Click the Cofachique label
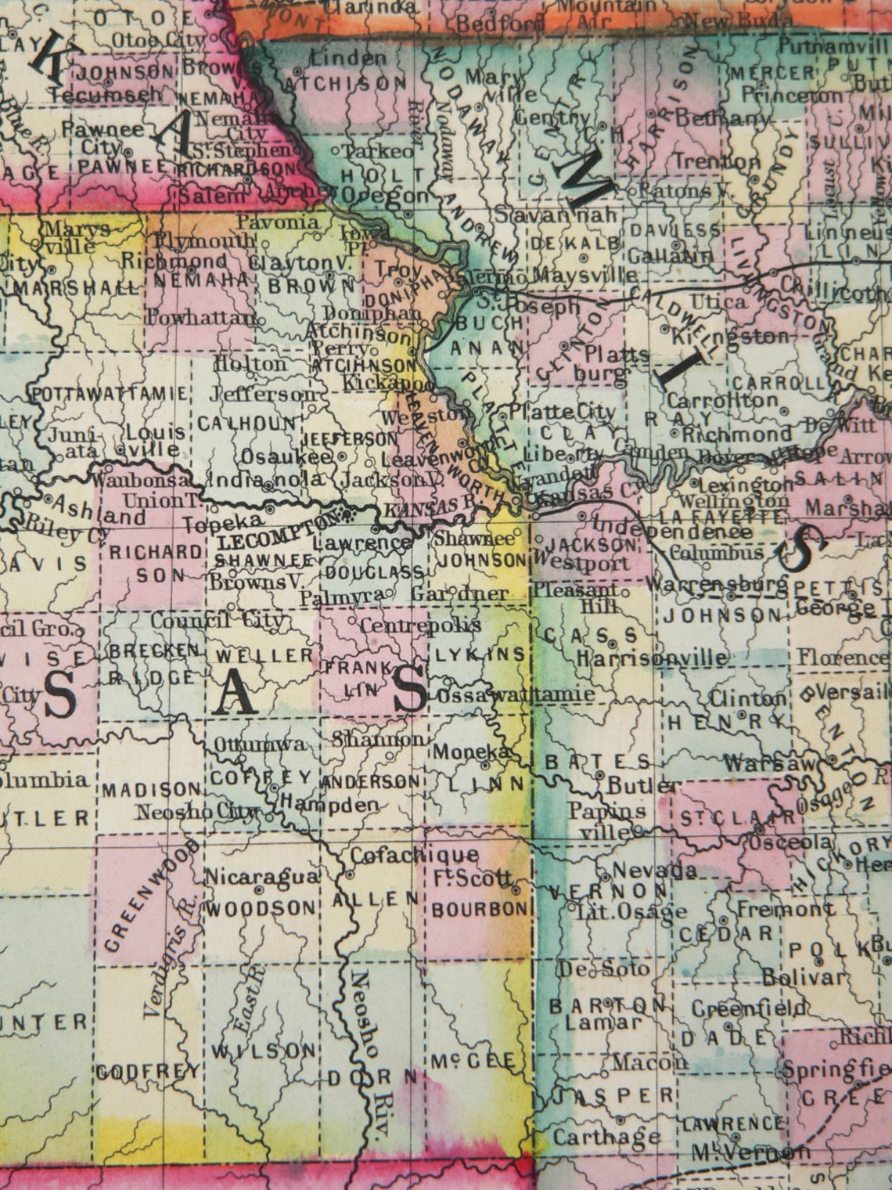click(x=414, y=855)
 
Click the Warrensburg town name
click(x=716, y=583)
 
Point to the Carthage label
click(x=606, y=1136)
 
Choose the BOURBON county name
click(x=480, y=908)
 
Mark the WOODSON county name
click(x=261, y=908)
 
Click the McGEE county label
click(x=473, y=1061)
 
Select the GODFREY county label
click(x=149, y=1072)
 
